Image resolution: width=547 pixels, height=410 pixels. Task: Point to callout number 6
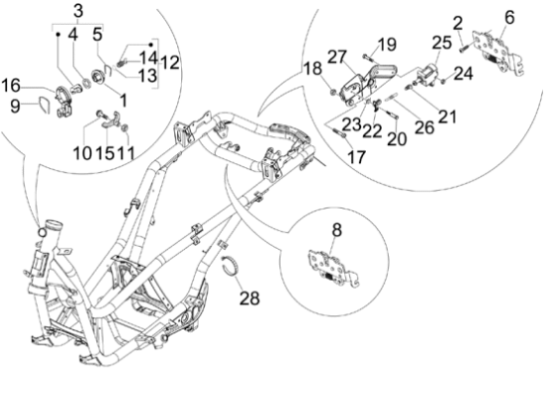click(x=509, y=16)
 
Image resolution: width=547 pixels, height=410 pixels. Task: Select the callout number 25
click(x=440, y=43)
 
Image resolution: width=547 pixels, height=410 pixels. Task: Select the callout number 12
click(x=169, y=62)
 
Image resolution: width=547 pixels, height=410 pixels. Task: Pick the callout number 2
click(x=458, y=22)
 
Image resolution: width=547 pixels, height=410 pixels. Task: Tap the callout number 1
click(x=123, y=100)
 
